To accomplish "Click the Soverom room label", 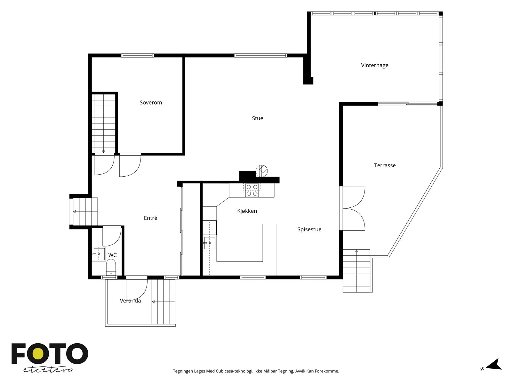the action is [x=151, y=103].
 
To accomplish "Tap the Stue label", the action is [x=258, y=118].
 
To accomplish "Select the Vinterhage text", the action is [x=375, y=66].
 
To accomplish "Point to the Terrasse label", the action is [x=385, y=165].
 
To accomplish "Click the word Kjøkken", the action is [x=247, y=211].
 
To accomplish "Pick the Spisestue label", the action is [x=309, y=229].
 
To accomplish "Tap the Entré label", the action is [x=150, y=218].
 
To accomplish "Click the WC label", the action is [x=112, y=255].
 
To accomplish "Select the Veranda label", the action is [x=130, y=301].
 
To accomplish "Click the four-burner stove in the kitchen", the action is [x=252, y=190].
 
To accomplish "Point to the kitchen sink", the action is [x=210, y=243].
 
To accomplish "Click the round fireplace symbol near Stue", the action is [x=262, y=171].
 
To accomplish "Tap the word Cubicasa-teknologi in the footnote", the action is [x=234, y=371].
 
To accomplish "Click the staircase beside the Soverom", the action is [x=104, y=123].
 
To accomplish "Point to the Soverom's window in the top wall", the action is [x=138, y=55].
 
